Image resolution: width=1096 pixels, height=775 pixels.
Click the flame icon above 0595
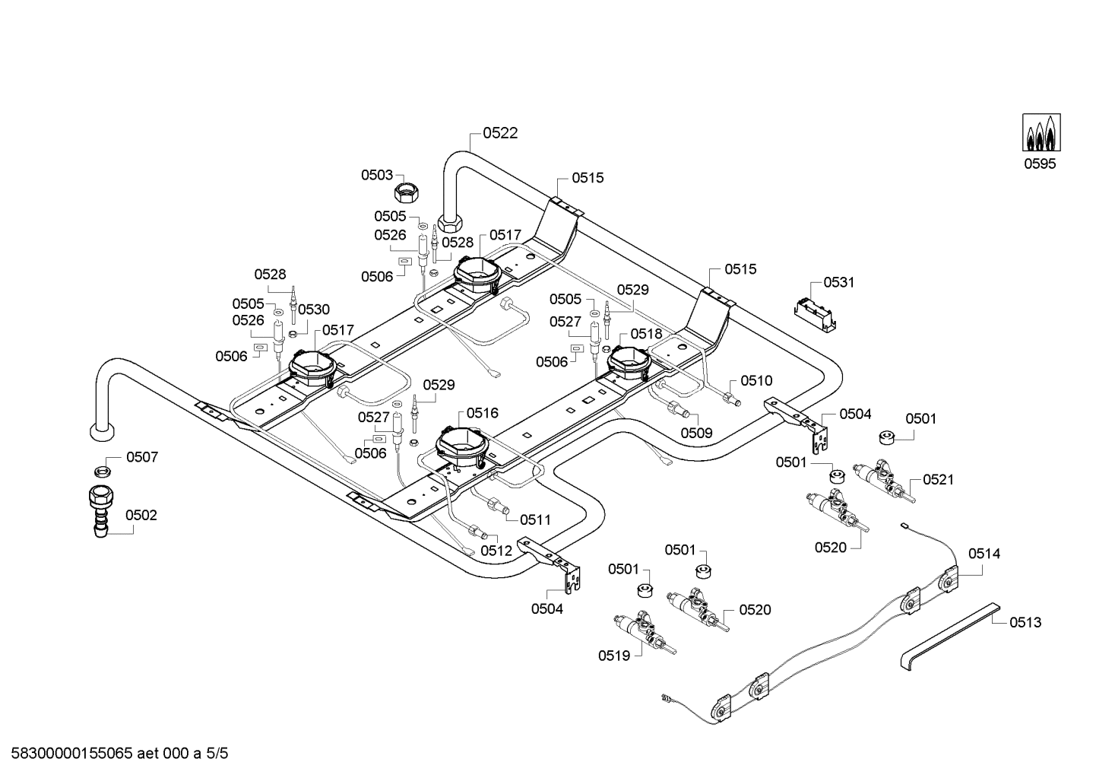[1041, 132]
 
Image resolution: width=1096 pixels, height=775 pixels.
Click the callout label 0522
[500, 133]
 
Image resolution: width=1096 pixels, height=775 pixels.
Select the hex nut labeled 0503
[407, 193]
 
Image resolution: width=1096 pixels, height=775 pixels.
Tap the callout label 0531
[838, 282]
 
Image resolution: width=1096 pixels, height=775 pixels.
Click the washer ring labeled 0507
[102, 472]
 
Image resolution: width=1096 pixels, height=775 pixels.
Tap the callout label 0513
[1025, 623]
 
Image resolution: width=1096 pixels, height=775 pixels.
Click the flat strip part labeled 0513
[950, 637]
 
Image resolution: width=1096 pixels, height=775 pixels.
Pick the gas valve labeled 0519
[645, 634]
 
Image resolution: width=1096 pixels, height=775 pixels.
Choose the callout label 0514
[984, 554]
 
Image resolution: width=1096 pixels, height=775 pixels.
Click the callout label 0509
[697, 433]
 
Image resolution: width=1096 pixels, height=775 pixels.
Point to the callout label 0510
[756, 380]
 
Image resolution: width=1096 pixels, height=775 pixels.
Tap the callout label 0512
[496, 551]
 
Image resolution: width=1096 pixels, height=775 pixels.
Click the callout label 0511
[535, 520]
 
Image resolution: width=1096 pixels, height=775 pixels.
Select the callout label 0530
[314, 310]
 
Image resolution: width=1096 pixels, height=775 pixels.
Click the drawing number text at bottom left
[119, 753]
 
